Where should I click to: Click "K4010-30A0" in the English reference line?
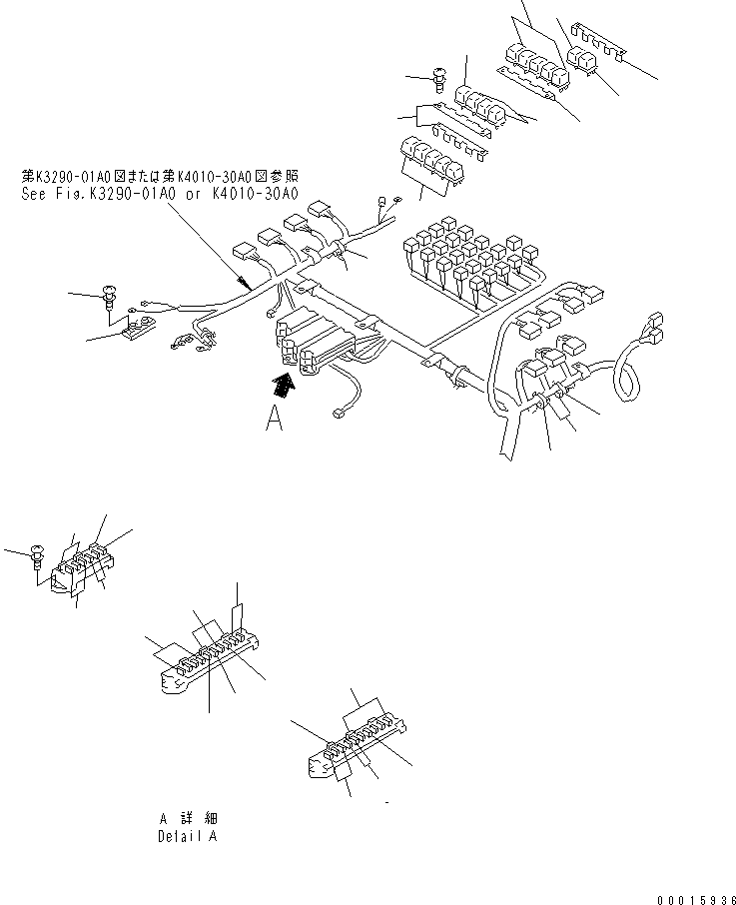click(256, 196)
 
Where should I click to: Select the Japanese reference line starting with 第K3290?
click(160, 177)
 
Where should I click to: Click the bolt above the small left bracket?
click(109, 295)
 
